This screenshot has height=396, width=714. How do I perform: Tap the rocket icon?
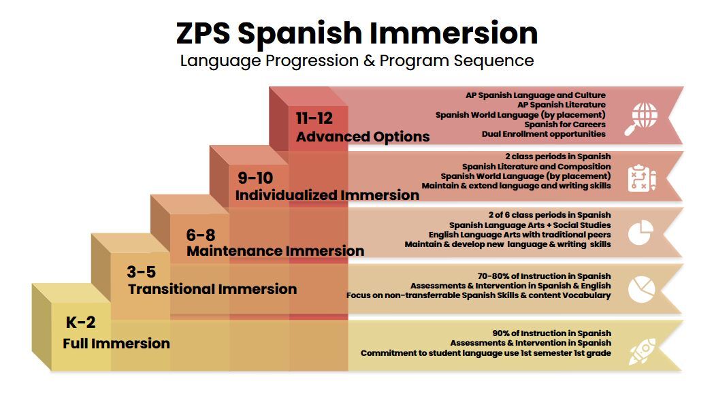[x=642, y=351]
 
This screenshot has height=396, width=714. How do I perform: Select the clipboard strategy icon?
[x=642, y=178]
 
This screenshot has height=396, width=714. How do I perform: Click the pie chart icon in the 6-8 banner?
[x=640, y=232]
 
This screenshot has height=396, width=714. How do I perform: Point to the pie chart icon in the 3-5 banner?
[x=641, y=288]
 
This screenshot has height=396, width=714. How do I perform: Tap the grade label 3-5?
[x=141, y=272]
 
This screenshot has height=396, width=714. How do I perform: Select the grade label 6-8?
[x=201, y=235]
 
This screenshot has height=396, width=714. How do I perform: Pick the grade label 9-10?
[x=255, y=178]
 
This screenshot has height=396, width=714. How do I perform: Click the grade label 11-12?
[x=314, y=118]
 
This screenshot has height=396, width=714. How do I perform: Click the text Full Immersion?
[x=116, y=343]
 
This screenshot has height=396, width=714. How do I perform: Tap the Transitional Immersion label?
[x=212, y=289]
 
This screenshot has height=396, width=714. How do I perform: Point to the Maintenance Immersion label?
[x=275, y=251]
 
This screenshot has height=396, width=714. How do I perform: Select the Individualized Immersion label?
[x=327, y=195]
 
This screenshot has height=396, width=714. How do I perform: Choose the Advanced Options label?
[x=363, y=137]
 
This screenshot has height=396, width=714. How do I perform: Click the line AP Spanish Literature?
[x=562, y=105]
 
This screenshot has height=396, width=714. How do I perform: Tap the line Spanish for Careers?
[x=565, y=125]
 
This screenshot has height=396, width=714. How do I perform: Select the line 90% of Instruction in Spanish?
[x=551, y=333]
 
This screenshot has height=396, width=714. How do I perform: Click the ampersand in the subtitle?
[x=370, y=61]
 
